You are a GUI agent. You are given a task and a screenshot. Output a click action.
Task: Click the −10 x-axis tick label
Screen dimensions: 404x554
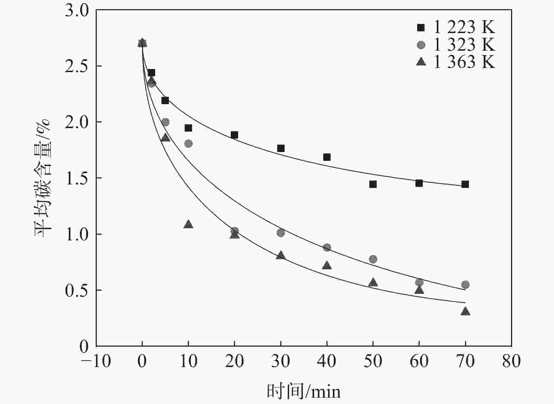click(96, 361)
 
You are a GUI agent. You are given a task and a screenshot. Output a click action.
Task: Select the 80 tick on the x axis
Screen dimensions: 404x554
click(511, 361)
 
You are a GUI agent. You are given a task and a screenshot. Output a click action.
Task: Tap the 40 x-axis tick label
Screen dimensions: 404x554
click(327, 361)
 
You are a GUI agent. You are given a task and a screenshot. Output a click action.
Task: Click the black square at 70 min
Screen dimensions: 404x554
click(465, 184)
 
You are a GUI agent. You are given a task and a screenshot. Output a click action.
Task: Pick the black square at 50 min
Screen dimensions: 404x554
click(373, 184)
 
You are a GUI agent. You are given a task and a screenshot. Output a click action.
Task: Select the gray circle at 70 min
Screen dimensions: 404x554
click(465, 285)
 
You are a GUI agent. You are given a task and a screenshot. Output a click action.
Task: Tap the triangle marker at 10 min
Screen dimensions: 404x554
click(188, 224)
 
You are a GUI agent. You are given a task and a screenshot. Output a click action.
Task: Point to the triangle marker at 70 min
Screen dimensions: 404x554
click(465, 311)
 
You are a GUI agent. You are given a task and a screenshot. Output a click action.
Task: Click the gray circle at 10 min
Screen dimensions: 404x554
click(188, 144)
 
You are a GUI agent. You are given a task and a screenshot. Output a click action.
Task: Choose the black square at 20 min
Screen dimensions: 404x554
click(234, 135)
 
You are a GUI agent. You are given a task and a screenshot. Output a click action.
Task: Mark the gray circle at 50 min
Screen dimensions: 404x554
click(373, 259)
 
